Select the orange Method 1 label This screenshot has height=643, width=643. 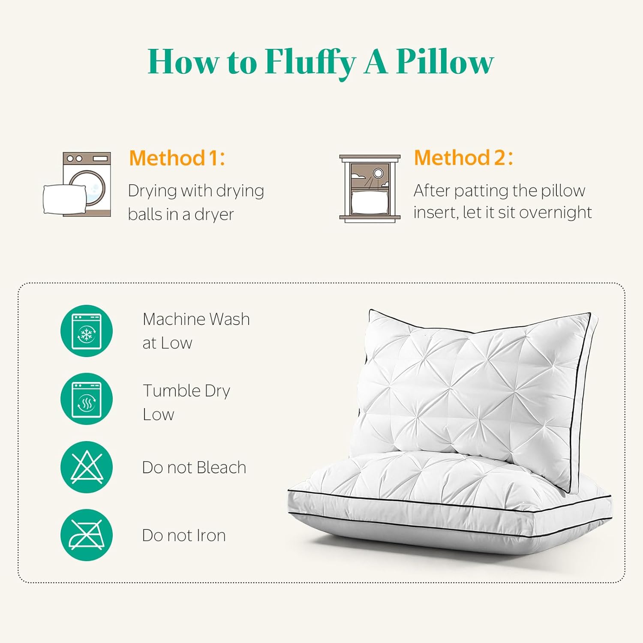(177, 158)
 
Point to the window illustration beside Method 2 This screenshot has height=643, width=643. (370, 189)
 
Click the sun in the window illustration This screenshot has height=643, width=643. (378, 173)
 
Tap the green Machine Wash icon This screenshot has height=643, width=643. (87, 331)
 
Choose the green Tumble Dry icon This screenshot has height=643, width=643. (87, 399)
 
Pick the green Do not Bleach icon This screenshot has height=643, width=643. (87, 467)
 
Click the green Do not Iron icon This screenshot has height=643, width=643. (87, 535)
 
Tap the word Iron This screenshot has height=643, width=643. (210, 535)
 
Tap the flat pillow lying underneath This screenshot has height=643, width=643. (429, 506)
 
